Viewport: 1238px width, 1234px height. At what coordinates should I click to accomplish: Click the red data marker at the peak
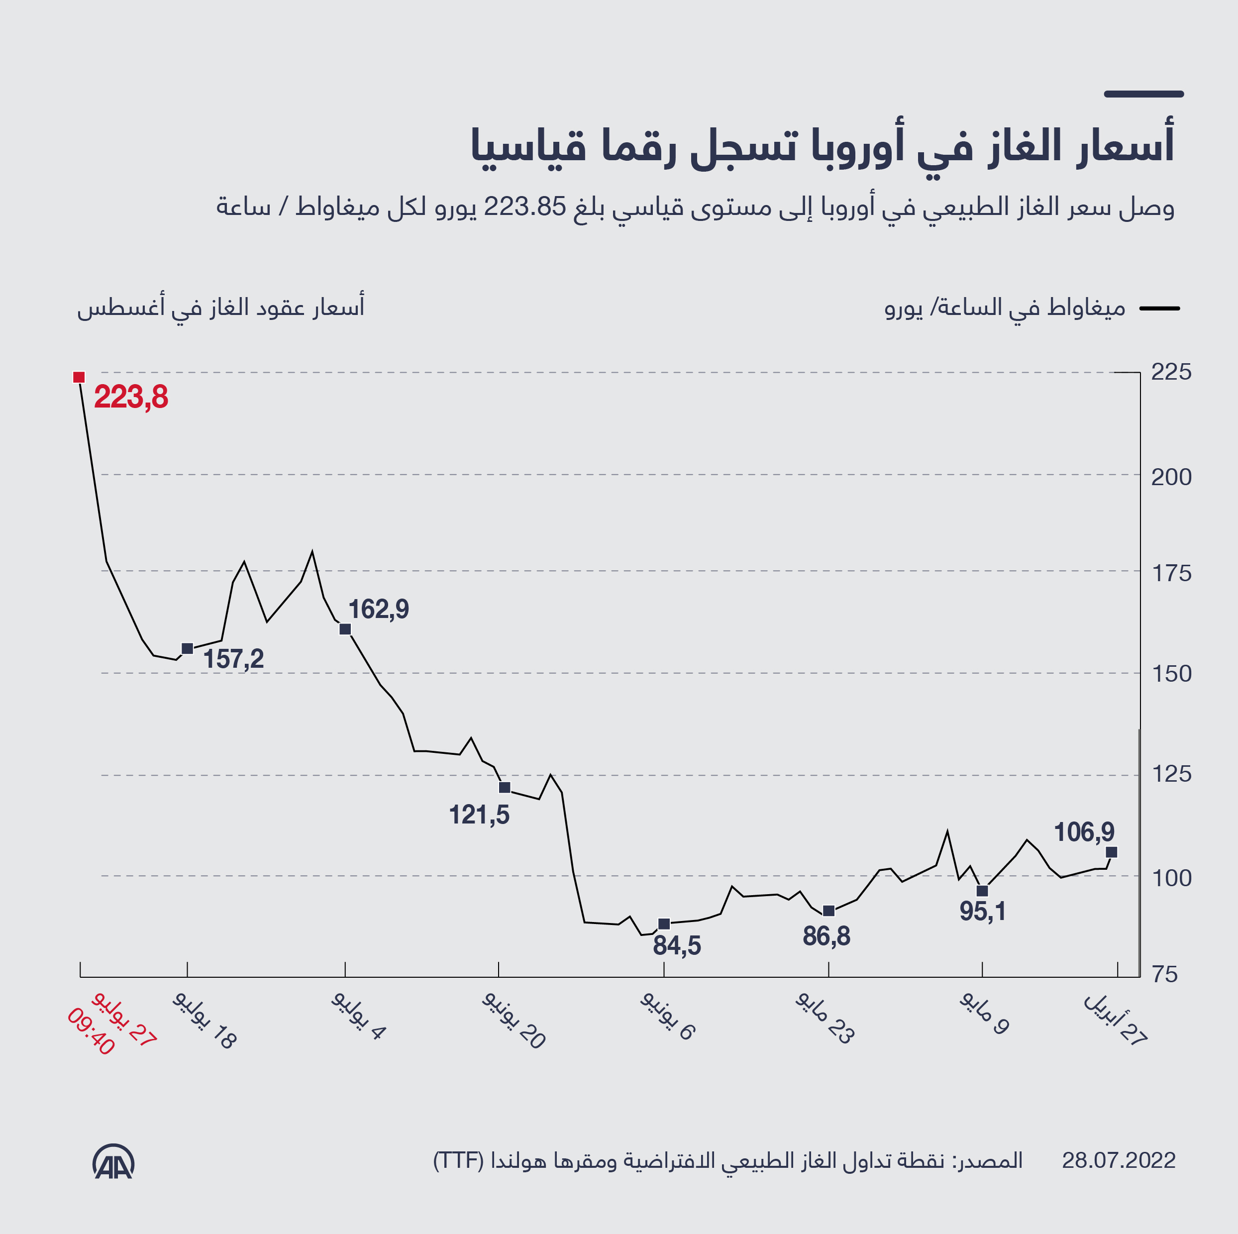79,377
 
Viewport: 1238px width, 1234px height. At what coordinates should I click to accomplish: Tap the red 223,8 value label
131,397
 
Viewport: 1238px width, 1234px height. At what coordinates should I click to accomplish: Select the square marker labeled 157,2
187,648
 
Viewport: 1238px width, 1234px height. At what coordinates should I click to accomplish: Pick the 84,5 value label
677,946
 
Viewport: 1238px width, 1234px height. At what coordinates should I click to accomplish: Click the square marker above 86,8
828,911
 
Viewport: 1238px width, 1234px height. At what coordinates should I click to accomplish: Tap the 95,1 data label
982,912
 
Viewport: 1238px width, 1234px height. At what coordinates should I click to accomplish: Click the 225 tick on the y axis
1171,372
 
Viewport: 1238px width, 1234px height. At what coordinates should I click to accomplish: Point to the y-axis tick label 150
1171,673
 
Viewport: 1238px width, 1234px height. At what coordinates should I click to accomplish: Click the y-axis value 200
1171,477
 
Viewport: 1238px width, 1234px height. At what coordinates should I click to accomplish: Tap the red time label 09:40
91,1032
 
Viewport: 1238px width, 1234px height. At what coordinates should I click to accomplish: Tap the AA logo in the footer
113,1161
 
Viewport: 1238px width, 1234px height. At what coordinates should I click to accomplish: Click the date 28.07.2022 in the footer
1118,1160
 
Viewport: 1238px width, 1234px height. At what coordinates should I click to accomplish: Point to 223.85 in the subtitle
525,207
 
